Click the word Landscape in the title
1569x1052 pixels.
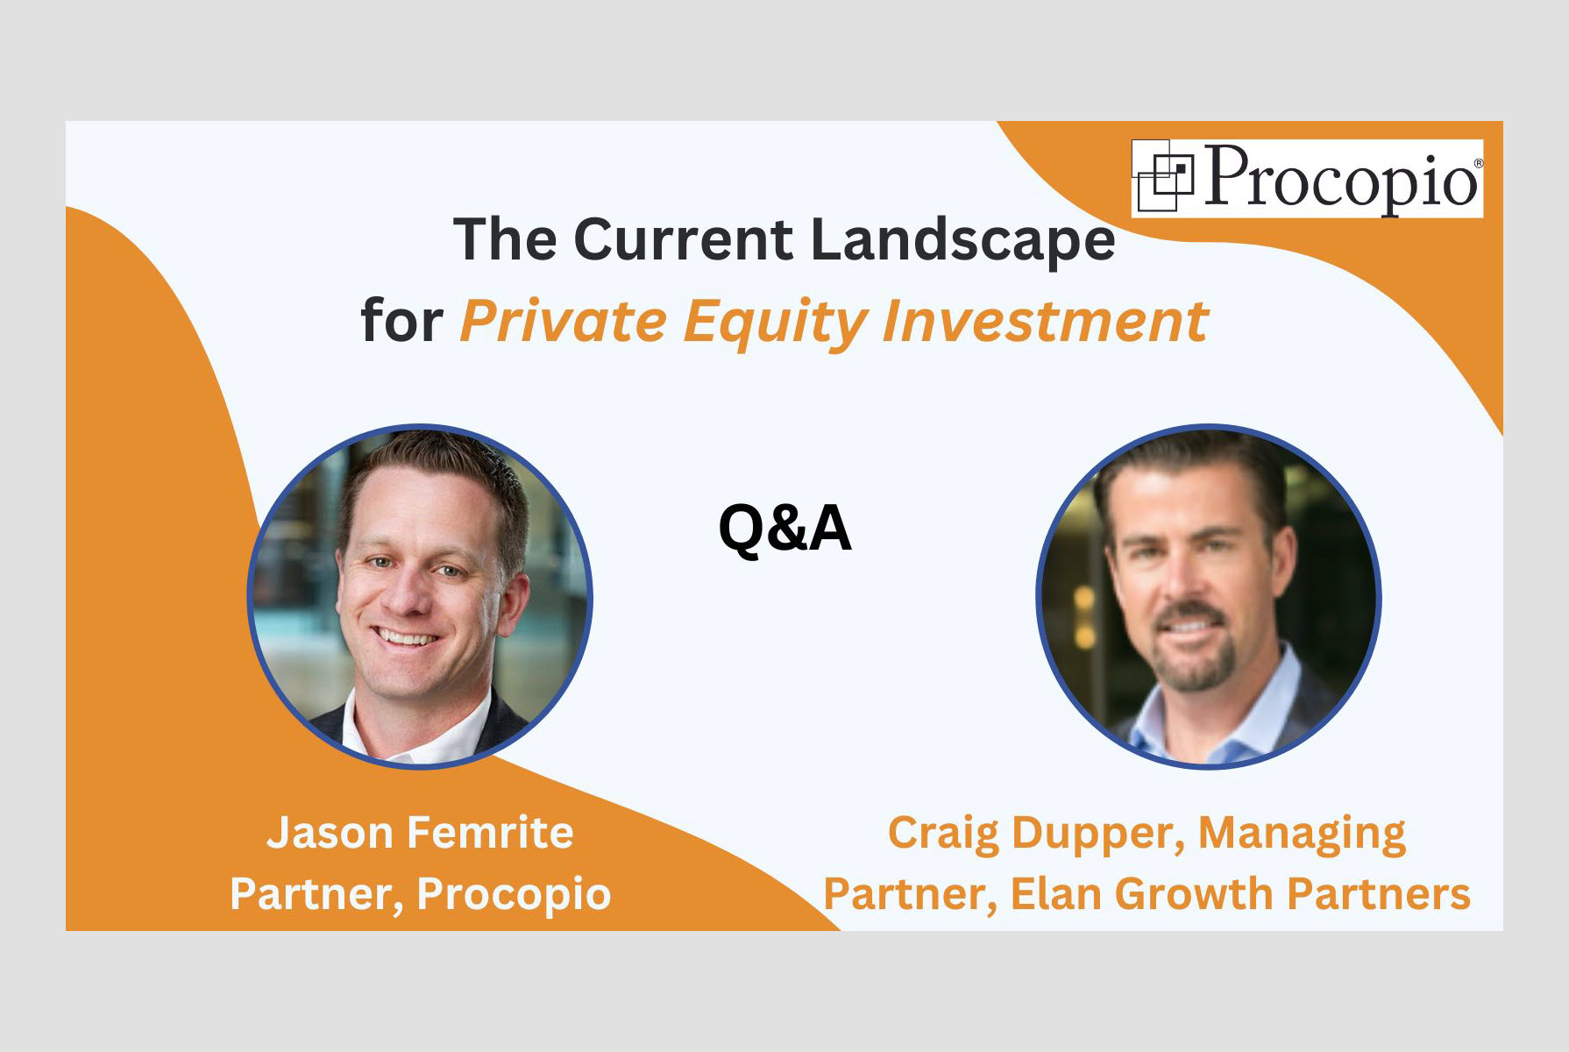click(x=963, y=240)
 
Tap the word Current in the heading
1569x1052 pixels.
click(x=684, y=238)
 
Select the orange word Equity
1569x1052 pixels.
click(x=776, y=323)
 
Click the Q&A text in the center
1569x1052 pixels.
click(x=784, y=529)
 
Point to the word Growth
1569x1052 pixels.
click(x=1194, y=895)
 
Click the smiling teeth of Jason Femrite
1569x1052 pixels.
click(x=405, y=636)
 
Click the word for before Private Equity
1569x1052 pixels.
click(x=402, y=321)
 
